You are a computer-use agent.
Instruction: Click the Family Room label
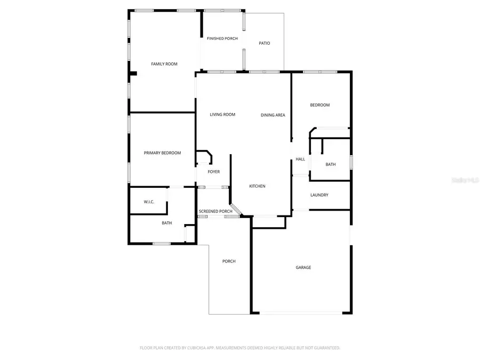(164, 64)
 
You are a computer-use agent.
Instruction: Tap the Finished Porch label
(222, 38)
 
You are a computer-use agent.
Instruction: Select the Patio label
(264, 43)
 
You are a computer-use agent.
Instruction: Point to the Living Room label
(222, 115)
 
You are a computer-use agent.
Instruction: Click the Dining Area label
(273, 115)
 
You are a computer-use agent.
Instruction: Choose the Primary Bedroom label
(162, 153)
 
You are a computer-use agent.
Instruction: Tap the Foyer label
(213, 172)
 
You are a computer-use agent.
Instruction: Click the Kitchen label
(257, 186)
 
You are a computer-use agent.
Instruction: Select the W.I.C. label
(149, 202)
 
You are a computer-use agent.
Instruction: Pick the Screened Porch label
(215, 211)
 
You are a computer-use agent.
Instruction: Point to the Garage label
(303, 267)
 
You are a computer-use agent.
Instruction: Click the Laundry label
(319, 195)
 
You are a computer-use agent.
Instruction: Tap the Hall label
(300, 159)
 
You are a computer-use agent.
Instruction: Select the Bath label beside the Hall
(331, 164)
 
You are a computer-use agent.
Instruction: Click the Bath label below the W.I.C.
(167, 223)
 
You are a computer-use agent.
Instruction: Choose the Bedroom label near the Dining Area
(320, 105)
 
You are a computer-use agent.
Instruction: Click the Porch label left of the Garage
(229, 261)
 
